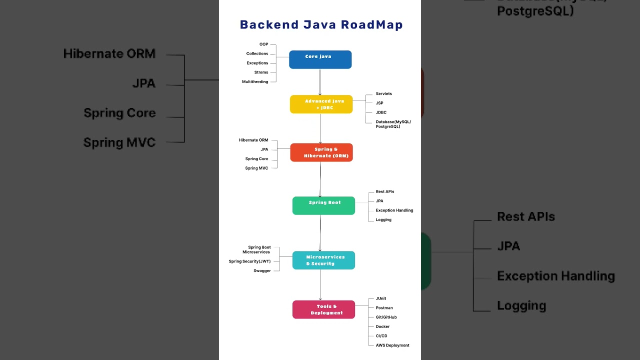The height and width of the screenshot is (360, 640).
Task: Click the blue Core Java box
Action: pyautogui.click(x=320, y=59)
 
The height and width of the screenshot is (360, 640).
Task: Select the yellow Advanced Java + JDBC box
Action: pyautogui.click(x=321, y=104)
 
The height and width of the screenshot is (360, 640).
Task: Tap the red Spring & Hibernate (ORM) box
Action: pyautogui.click(x=321, y=152)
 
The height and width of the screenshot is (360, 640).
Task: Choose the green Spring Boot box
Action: pyautogui.click(x=323, y=205)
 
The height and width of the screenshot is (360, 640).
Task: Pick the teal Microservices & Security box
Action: pyautogui.click(x=323, y=260)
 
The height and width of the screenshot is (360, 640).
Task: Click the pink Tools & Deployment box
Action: pyautogui.click(x=323, y=309)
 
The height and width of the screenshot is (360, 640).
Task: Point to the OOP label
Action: pyautogui.click(x=263, y=44)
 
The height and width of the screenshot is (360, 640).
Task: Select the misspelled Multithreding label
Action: pyautogui.click(x=255, y=81)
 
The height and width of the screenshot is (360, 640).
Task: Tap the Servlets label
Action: pyautogui.click(x=384, y=94)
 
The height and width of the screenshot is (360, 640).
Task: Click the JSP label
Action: pyautogui.click(x=379, y=103)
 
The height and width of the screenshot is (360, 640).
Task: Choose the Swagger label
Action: pyautogui.click(x=262, y=271)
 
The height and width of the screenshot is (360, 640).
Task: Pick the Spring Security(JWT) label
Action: pyautogui.click(x=249, y=261)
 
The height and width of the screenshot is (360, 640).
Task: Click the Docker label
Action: pyautogui.click(x=382, y=326)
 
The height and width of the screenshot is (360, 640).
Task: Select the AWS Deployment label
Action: pyautogui.click(x=392, y=345)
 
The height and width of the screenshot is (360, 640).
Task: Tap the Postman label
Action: pyautogui.click(x=384, y=308)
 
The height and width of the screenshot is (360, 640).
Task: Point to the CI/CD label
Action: pyautogui.click(x=381, y=336)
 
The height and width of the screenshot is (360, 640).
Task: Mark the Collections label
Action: pyautogui.click(x=257, y=53)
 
